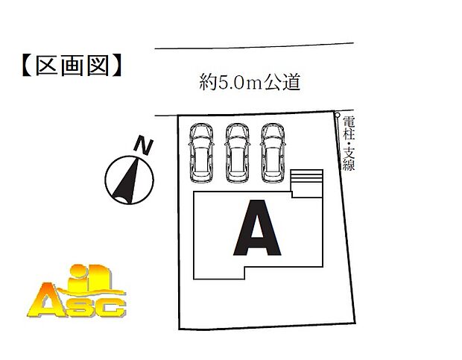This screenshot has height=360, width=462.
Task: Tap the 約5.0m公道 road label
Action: (x=250, y=81)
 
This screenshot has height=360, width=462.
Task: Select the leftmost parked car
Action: (x=200, y=152)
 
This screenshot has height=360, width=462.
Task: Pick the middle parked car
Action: (x=236, y=152)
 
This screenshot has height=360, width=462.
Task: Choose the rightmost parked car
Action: (x=272, y=152)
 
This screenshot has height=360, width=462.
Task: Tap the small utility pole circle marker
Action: (x=337, y=115)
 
